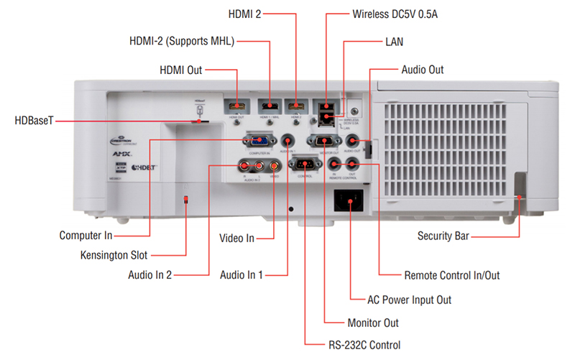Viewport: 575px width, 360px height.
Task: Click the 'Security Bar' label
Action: [x=443, y=235]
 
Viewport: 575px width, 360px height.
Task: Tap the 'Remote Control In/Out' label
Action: [x=451, y=275]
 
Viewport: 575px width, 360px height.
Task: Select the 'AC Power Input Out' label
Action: [x=410, y=299]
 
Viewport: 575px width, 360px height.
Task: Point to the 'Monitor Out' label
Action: [x=372, y=323]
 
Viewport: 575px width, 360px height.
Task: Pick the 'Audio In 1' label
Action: [x=241, y=274]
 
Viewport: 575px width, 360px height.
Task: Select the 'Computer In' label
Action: [x=88, y=235]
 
